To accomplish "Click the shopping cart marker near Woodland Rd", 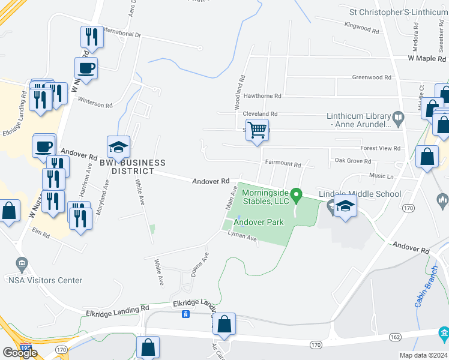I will click(257, 130).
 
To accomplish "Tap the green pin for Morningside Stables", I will click(295, 195).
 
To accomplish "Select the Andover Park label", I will click(258, 222).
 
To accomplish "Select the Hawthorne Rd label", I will click(261, 96).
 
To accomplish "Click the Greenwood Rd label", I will click(371, 77).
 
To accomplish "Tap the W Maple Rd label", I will click(427, 59).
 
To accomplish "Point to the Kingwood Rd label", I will click(362, 28).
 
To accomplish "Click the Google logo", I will click(20, 352).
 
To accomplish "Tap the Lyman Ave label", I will click(242, 238).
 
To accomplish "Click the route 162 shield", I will click(394, 337).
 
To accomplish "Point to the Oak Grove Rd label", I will click(353, 161).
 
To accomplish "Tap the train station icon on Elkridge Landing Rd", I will click(187, 314).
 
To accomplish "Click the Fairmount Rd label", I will click(282, 164).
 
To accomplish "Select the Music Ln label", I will click(381, 176).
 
